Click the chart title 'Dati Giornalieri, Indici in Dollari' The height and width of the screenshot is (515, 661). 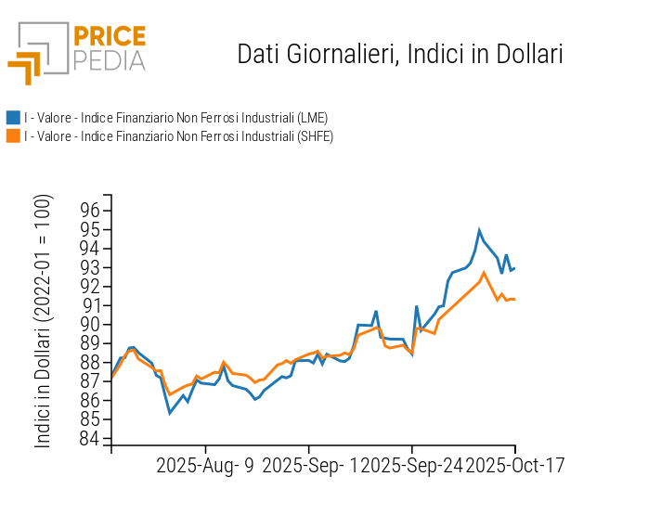point(400,54)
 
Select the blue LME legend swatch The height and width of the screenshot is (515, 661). point(13,118)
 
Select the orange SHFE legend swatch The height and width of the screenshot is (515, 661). point(13,136)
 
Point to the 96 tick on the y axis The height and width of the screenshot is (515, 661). point(89,211)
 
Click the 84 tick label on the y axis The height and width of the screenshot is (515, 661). point(89,439)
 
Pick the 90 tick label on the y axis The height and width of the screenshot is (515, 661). point(89,325)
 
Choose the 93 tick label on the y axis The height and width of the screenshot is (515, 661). point(89,267)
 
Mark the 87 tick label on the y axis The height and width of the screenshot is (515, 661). point(89,381)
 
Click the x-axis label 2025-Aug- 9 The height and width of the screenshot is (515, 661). point(205,465)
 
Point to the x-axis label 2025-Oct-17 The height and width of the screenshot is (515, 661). point(514,465)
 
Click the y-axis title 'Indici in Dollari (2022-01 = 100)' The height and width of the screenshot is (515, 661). point(44,321)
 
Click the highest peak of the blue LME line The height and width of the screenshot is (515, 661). point(479,230)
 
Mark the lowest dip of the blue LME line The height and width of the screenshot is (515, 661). point(170,413)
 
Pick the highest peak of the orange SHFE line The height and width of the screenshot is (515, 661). point(484,273)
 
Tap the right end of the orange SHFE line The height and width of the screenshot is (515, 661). point(514,299)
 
